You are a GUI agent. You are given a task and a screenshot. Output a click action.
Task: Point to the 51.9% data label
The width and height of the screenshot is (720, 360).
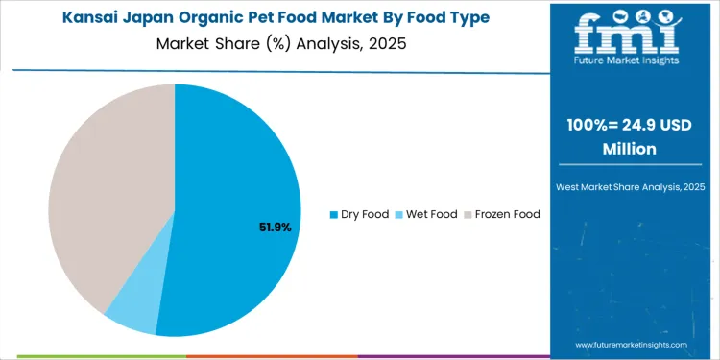[275, 228]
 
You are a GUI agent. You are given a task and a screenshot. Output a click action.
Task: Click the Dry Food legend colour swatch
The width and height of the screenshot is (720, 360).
[333, 214]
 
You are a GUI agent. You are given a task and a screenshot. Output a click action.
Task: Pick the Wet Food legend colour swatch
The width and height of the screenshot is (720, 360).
[398, 214]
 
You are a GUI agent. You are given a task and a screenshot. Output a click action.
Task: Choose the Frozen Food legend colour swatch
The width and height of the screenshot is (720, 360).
[468, 214]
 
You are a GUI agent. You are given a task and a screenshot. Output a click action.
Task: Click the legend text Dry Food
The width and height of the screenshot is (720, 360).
[365, 214]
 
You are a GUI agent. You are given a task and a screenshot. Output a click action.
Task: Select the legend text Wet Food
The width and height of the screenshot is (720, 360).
[431, 214]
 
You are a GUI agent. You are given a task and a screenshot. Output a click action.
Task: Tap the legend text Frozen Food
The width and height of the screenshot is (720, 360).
[508, 214]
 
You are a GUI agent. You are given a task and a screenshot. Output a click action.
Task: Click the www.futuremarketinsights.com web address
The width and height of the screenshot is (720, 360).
[631, 345]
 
